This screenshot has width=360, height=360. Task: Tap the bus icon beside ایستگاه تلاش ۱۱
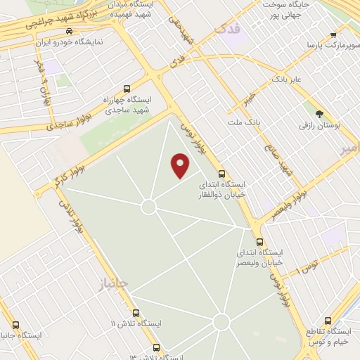[x=136, y=314]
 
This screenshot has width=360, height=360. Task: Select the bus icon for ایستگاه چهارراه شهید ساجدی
[x=127, y=89]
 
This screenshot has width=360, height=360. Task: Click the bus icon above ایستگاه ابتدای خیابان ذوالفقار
[x=221, y=174]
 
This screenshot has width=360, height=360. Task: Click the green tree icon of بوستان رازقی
[x=320, y=114]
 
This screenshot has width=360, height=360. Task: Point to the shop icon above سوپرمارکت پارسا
[x=334, y=34]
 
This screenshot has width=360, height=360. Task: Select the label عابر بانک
[x=288, y=79]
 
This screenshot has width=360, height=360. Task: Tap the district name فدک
[x=229, y=30]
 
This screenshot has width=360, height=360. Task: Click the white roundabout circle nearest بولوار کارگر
[x=148, y=207]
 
